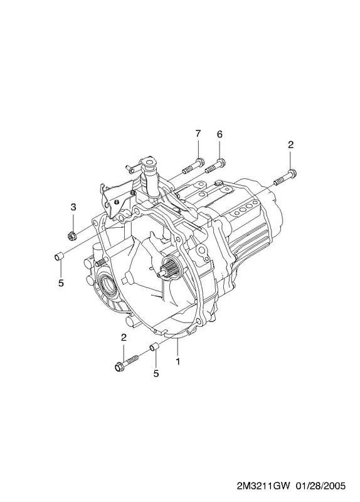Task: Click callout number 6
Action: point(220,134)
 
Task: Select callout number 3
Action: point(73,207)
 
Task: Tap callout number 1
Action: point(177,361)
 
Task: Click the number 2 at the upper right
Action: point(290,145)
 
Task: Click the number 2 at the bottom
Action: point(124,337)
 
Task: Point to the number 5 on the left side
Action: point(61,283)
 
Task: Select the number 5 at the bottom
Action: point(156,373)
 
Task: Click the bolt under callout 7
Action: point(193,166)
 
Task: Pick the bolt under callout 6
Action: point(215,164)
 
